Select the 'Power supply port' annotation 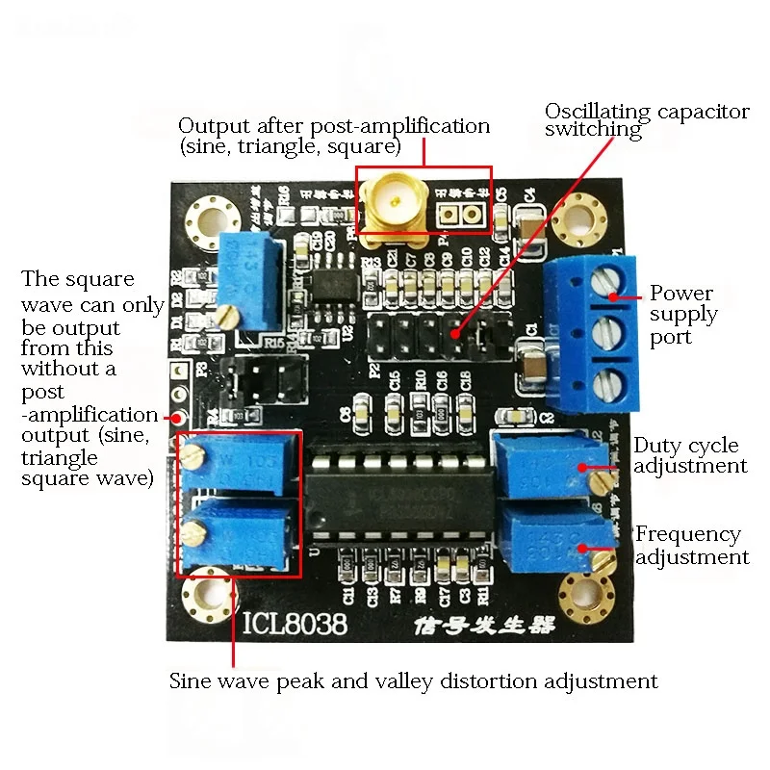(682, 315)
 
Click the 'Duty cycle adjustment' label (689, 455)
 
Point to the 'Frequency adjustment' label (691, 545)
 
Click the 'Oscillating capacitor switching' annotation (646, 120)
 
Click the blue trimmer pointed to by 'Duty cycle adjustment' (546, 465)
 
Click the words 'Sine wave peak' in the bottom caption (240, 681)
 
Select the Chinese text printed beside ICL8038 (469, 627)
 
